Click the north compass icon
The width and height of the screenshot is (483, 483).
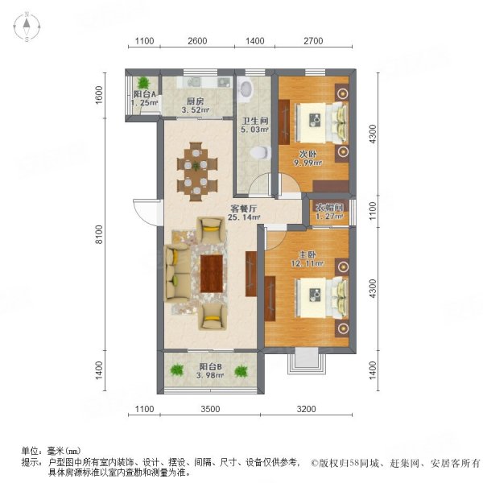27,27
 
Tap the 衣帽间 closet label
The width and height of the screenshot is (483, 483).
329,208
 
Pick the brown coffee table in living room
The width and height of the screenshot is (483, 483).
213,274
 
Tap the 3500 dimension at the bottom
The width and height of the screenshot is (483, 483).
210,410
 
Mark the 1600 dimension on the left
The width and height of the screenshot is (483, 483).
98,95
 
